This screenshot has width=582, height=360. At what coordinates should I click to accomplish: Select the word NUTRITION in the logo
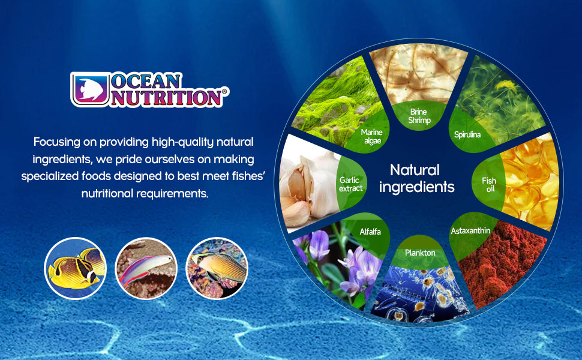pos(166,97)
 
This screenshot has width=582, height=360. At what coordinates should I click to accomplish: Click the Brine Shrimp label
pos(419,116)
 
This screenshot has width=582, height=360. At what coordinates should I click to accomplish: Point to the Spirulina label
pos(467,135)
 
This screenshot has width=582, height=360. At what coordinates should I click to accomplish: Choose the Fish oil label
pos(489,184)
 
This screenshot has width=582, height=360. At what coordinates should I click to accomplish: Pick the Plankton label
pos(420,253)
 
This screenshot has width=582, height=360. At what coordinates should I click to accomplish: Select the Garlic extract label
pos(351,184)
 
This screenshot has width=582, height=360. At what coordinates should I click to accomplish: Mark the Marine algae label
pos(372,136)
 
